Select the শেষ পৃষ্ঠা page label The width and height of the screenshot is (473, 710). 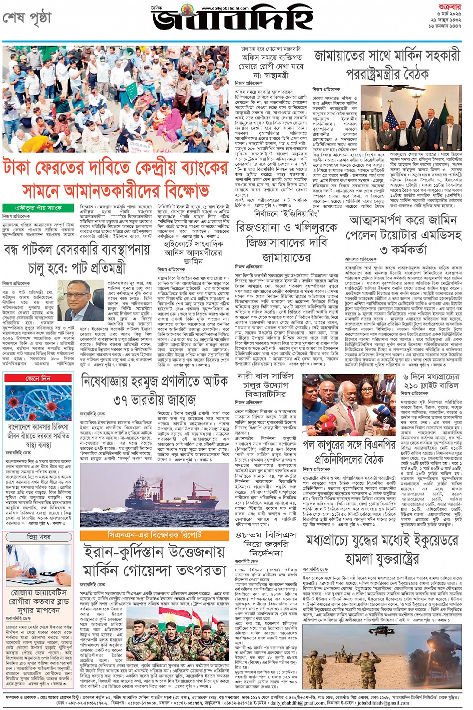click(x=27, y=19)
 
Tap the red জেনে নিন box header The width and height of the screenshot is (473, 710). click(x=38, y=379)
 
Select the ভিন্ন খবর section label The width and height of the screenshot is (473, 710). click(x=38, y=537)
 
